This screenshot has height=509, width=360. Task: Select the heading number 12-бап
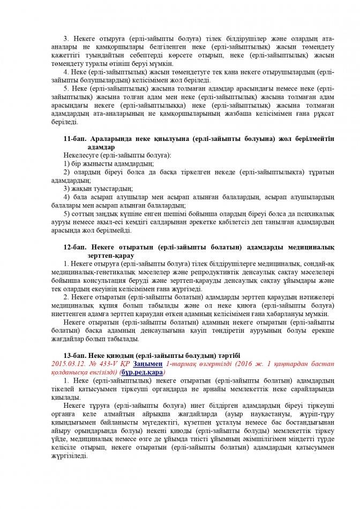(73, 248)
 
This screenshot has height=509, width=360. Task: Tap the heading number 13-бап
(73, 356)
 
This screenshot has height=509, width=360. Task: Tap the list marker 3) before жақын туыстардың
(67, 189)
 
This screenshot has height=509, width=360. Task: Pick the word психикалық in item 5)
(317, 214)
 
